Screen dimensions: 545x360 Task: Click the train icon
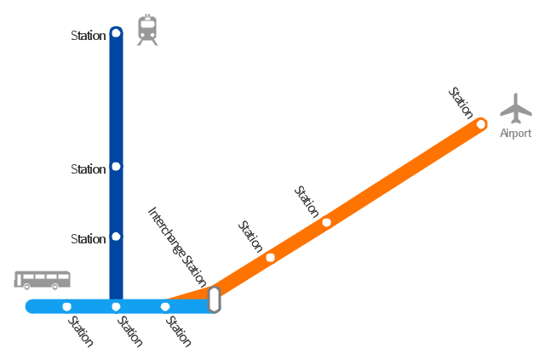(147, 31)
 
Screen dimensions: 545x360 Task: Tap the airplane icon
(516, 108)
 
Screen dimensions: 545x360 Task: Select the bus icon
(42, 280)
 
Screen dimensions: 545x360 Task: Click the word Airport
(515, 133)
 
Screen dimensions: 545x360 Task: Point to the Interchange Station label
(177, 246)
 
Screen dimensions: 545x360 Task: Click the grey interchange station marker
(214, 300)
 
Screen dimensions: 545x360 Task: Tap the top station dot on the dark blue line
(116, 33)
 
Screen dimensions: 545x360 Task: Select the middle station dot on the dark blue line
(116, 167)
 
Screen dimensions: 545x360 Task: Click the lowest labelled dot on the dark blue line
(116, 237)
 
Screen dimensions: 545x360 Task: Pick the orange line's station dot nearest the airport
(481, 124)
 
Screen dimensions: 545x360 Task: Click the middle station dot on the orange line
(326, 222)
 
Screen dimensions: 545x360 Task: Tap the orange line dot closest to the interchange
(271, 258)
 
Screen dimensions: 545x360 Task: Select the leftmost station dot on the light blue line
(67, 307)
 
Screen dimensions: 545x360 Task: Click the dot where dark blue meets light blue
(116, 307)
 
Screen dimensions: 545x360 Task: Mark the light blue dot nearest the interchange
(165, 307)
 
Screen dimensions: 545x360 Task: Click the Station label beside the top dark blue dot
(89, 36)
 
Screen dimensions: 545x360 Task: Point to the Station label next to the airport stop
(461, 103)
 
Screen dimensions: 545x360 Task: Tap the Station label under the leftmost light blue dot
(81, 332)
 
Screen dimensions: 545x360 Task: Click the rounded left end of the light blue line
(28, 306)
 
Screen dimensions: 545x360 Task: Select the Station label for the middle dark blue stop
(89, 169)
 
